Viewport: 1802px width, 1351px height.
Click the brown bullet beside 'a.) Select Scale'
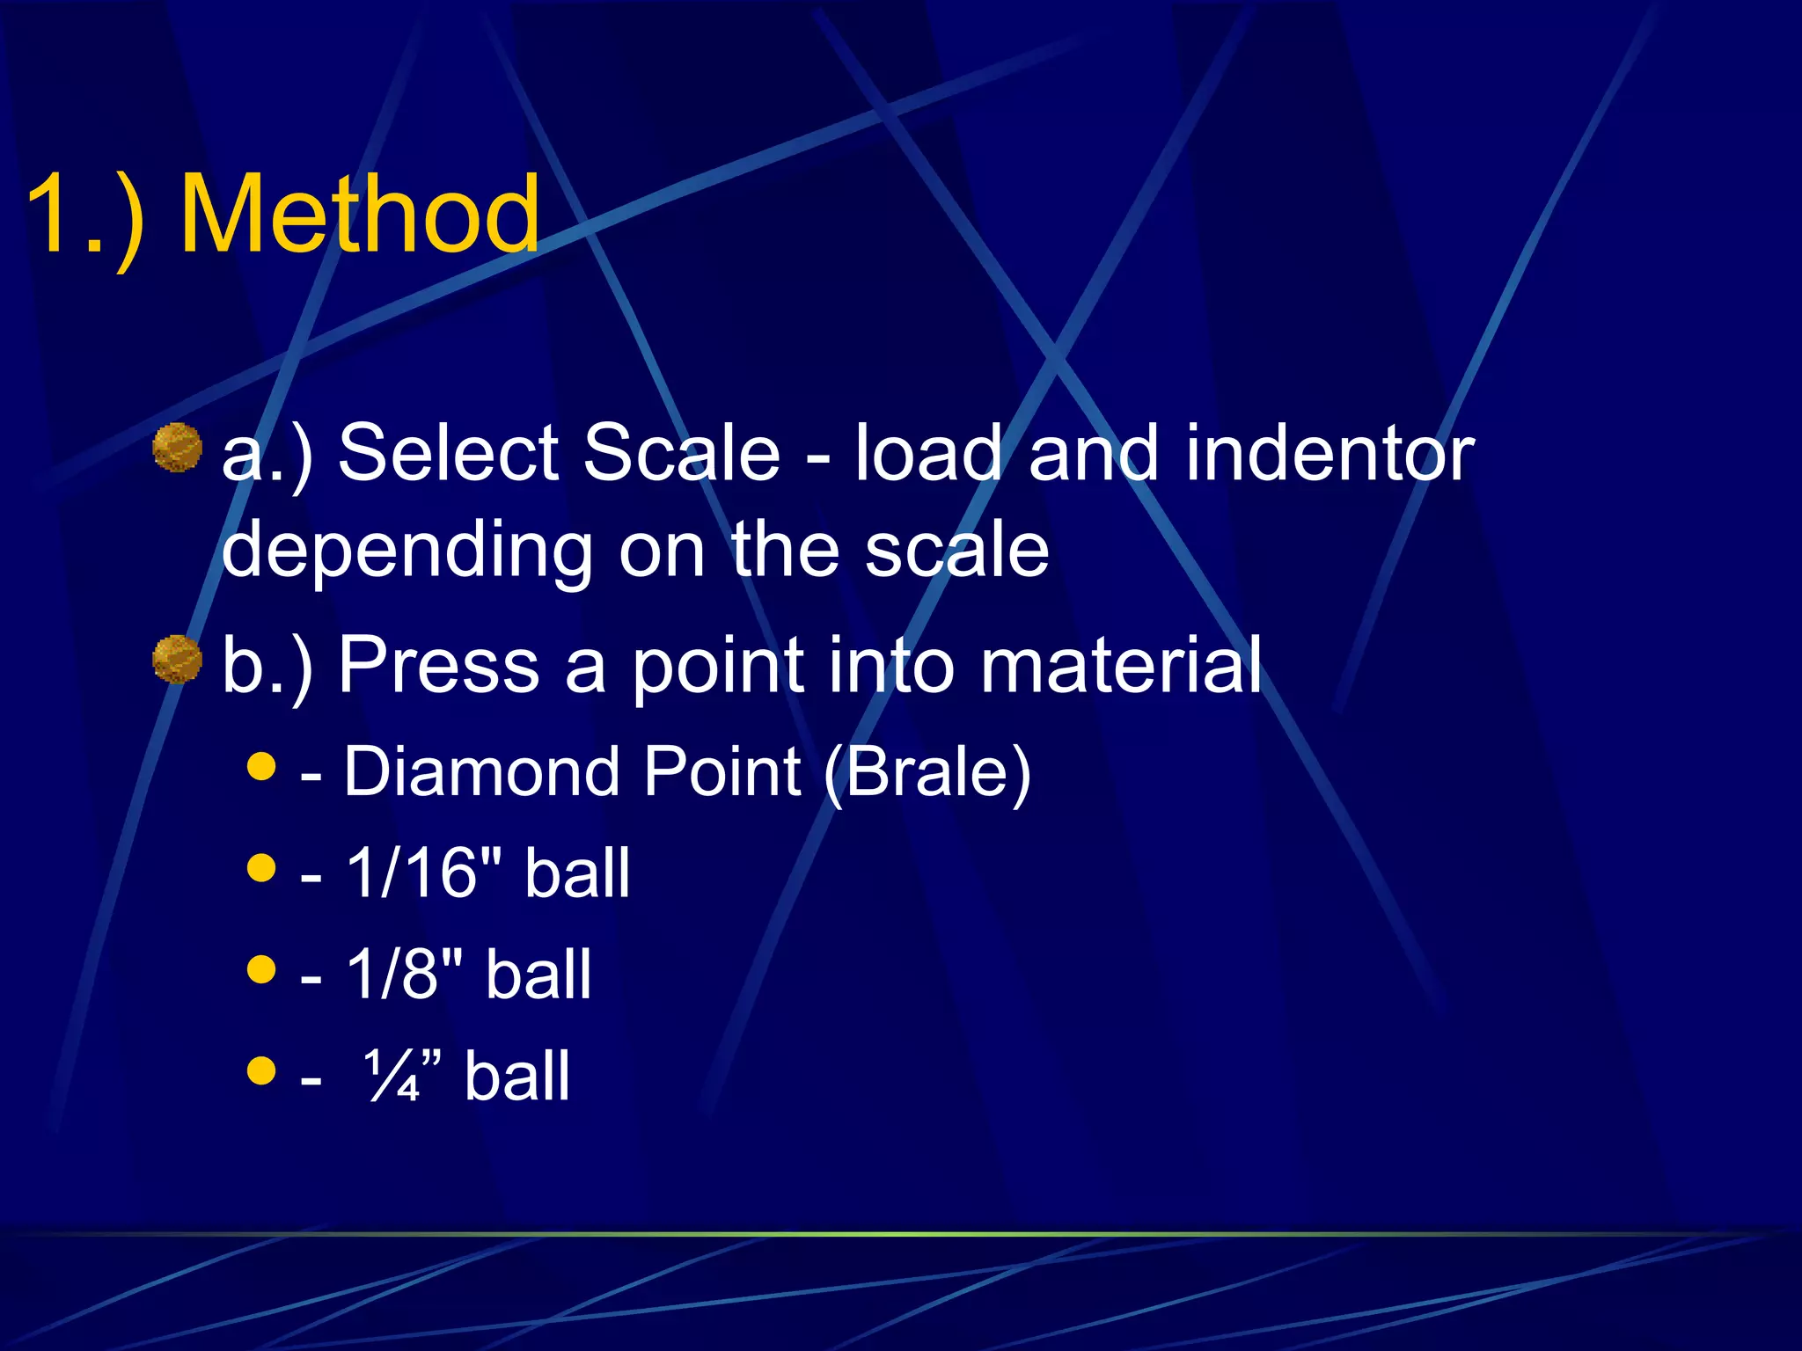coord(178,448)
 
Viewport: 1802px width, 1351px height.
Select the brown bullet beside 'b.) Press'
coord(178,660)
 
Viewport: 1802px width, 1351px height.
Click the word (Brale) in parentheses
coord(927,772)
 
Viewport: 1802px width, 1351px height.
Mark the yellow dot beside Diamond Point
coord(261,765)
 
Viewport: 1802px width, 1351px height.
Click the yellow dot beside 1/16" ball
coord(261,867)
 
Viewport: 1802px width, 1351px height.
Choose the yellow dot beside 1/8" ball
coord(261,969)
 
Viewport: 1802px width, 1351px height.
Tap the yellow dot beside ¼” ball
coord(261,1070)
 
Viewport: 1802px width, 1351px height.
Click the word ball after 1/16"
coord(577,873)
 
